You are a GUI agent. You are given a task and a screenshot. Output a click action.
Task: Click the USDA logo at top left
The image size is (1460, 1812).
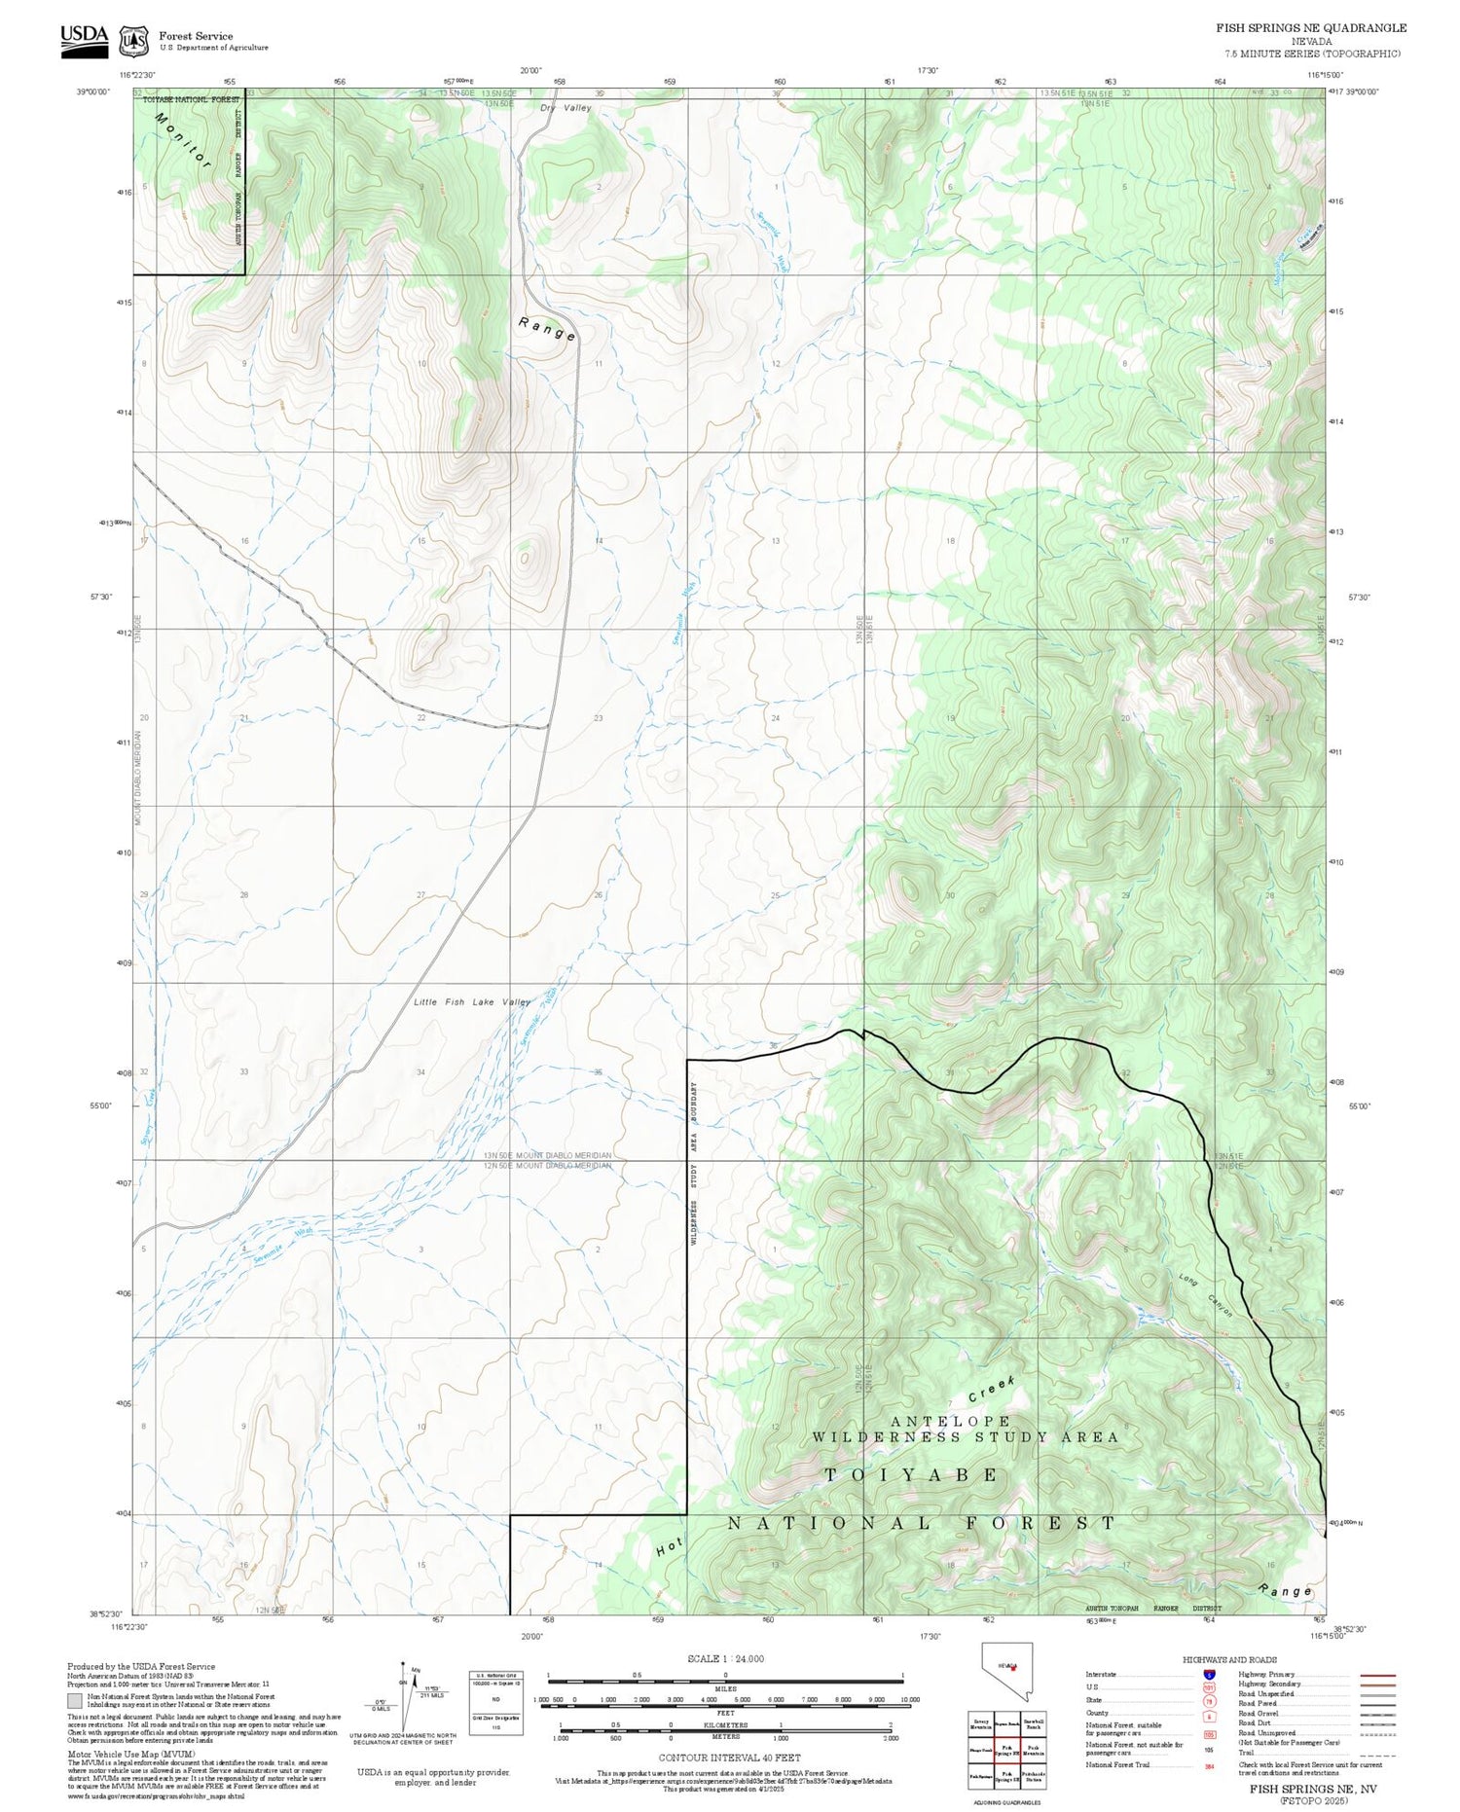click(x=84, y=40)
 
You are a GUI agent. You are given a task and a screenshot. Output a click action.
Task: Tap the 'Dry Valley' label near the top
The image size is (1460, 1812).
click(x=566, y=108)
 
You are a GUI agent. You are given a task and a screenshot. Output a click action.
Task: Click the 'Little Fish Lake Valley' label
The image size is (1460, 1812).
click(x=472, y=1002)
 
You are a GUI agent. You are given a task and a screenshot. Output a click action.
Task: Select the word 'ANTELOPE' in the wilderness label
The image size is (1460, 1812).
click(x=950, y=1422)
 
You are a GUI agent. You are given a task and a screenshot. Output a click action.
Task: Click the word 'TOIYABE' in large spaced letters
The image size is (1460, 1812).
click(x=911, y=1475)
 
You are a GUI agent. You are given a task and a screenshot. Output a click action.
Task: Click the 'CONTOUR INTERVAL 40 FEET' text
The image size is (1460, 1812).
click(x=729, y=1758)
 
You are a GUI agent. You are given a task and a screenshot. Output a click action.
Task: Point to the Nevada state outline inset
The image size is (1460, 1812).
click(x=1005, y=1670)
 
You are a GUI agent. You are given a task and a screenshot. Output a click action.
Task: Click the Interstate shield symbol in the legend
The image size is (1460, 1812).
click(x=1209, y=1674)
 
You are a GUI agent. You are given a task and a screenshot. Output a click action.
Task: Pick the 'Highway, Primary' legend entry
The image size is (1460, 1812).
click(x=1266, y=1674)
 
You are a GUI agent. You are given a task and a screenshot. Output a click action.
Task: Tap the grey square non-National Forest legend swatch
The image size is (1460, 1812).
click(x=75, y=1700)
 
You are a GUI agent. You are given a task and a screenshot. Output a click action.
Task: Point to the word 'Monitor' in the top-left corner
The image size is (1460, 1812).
click(x=182, y=141)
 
